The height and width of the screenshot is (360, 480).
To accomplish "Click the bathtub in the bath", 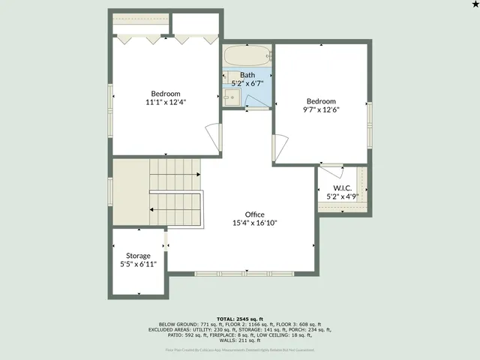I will point(246,55).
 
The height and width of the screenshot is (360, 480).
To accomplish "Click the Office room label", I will point(254,214).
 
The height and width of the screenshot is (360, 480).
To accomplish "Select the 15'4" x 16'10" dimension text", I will point(254,223).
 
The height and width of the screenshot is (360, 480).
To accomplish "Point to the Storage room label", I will point(137,256).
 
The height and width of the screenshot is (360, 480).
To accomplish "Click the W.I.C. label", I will point(343,187).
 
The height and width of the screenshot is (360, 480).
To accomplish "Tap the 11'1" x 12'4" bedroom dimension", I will point(165,102).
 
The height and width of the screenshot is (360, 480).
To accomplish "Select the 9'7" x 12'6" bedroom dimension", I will point(321,109).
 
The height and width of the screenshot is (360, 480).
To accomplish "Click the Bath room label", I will point(247,75).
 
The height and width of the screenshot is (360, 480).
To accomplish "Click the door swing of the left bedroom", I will point(215,137).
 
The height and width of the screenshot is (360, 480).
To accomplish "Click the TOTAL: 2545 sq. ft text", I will point(240,319).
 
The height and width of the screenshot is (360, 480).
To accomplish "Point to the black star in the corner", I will point(474,5).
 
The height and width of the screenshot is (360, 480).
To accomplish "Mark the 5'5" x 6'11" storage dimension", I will point(137,264).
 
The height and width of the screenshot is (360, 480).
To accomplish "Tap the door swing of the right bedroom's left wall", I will point(280,147).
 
